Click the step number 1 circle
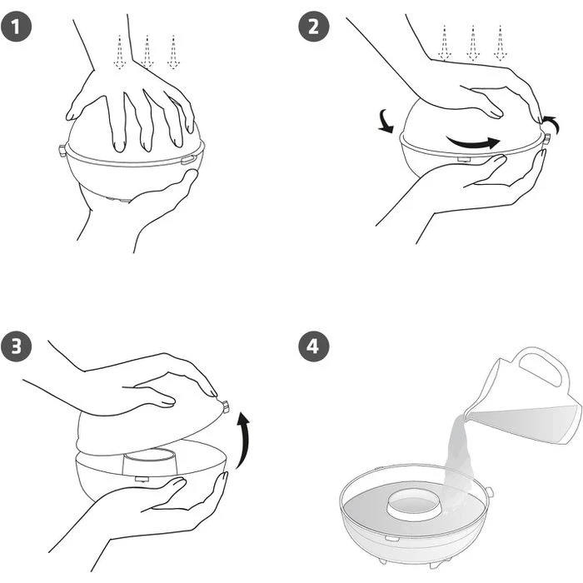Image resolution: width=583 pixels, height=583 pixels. pos(16,27)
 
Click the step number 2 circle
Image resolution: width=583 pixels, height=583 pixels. pos(314,27)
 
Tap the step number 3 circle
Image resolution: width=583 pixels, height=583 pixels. pos(16,346)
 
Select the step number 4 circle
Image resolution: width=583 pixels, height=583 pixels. pos(314,346)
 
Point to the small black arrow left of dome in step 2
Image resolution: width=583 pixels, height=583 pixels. pos(386,122)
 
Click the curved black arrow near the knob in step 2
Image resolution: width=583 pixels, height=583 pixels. pos(551,124)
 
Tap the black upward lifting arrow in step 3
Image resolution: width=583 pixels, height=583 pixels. pos(243,439)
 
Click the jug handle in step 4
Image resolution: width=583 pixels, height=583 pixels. pos(544,367)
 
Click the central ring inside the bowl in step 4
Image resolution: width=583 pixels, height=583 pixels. pos(412,504)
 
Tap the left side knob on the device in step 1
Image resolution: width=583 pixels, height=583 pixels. pos(62,152)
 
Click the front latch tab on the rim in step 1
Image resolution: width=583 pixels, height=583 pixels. pos(189,160)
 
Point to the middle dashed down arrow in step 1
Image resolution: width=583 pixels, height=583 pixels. pos(147,52)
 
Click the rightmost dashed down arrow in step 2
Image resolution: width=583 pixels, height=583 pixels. pos(501,42)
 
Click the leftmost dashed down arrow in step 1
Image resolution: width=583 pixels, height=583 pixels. pos(119,52)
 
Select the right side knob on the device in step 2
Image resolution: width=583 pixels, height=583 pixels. pos(547,140)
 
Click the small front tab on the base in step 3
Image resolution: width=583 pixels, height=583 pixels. pos(142,479)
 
